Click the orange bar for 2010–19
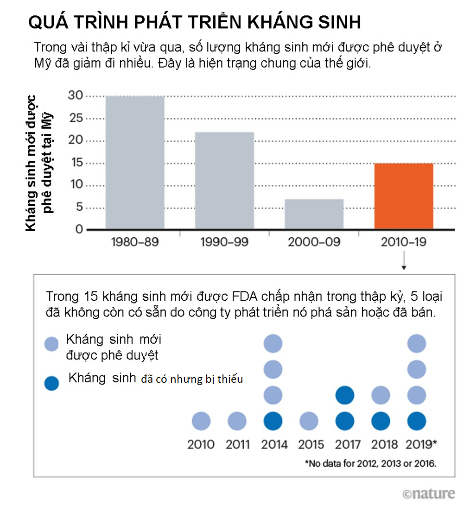tap(403, 196)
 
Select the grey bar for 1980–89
tap(135, 163)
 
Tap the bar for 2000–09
tap(314, 214)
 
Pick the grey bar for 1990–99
tap(224, 180)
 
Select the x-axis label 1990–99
tap(224, 242)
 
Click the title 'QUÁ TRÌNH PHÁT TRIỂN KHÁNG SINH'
tap(195, 23)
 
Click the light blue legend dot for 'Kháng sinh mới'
tap(51, 344)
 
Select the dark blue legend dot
tap(51, 383)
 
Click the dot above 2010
tap(201, 421)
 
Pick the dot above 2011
tap(237, 421)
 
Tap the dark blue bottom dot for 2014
tap(273, 421)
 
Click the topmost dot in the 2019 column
tap(416, 343)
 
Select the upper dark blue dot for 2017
tap(344, 395)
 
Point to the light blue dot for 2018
tap(381, 395)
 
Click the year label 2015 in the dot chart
tap(311, 445)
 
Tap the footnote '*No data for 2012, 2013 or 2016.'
tap(370, 463)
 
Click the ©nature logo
tap(429, 494)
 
